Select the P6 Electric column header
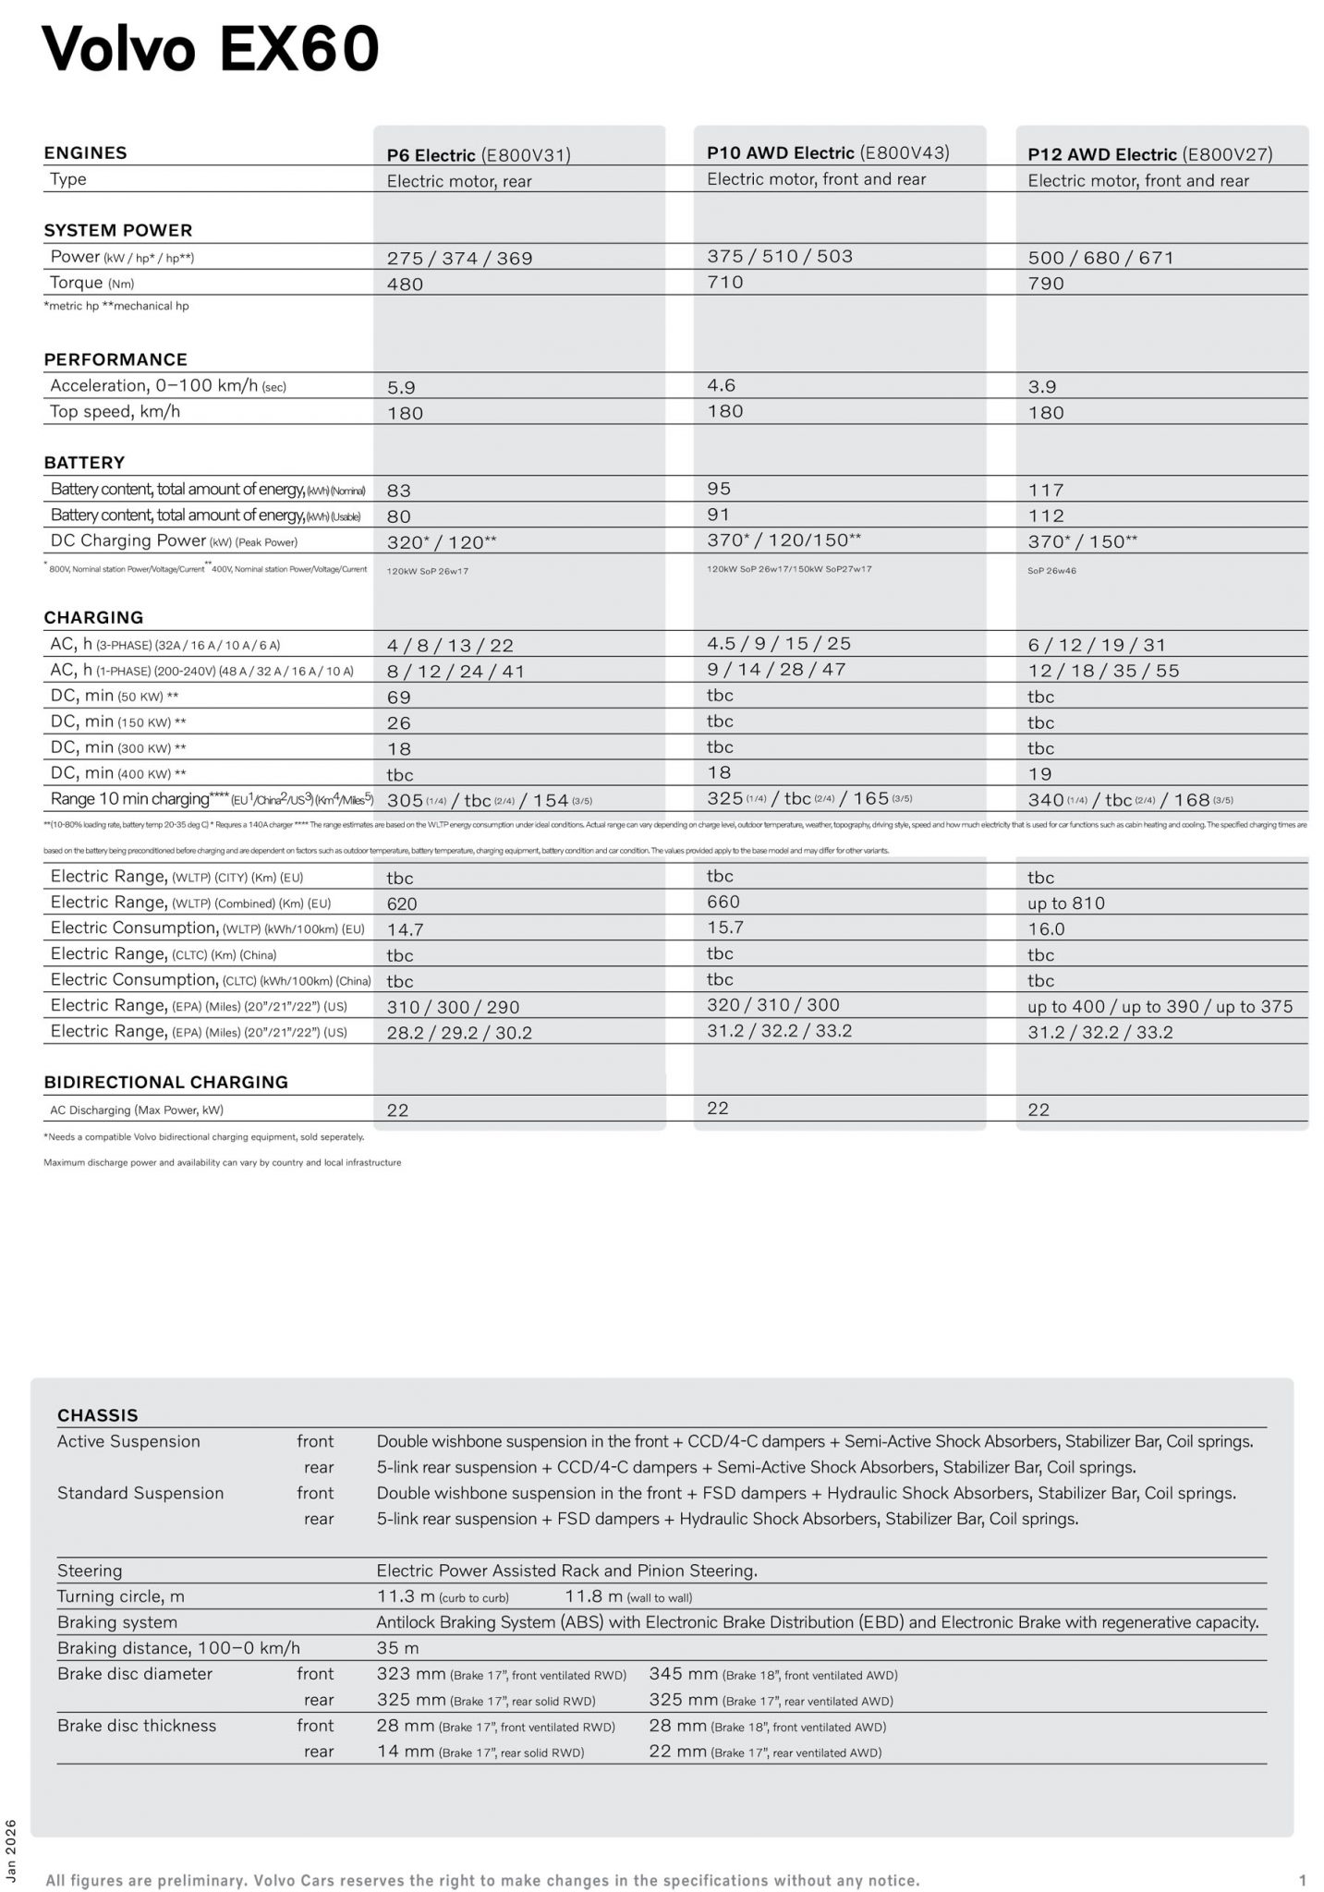click(x=478, y=155)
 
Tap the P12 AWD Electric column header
click(x=1149, y=154)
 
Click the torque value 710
click(x=725, y=282)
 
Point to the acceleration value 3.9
click(x=1042, y=387)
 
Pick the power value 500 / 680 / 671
click(x=1100, y=258)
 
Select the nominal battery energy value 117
click(x=1046, y=490)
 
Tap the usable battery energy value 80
click(x=399, y=516)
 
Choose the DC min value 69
click(x=399, y=697)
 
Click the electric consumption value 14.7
click(x=405, y=929)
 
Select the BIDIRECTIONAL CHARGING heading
click(x=165, y=1082)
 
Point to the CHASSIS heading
click(x=97, y=1415)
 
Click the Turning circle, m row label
click(x=120, y=1596)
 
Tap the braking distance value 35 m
click(x=397, y=1648)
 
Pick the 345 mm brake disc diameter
click(x=683, y=1674)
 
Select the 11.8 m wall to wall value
click(x=594, y=1596)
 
